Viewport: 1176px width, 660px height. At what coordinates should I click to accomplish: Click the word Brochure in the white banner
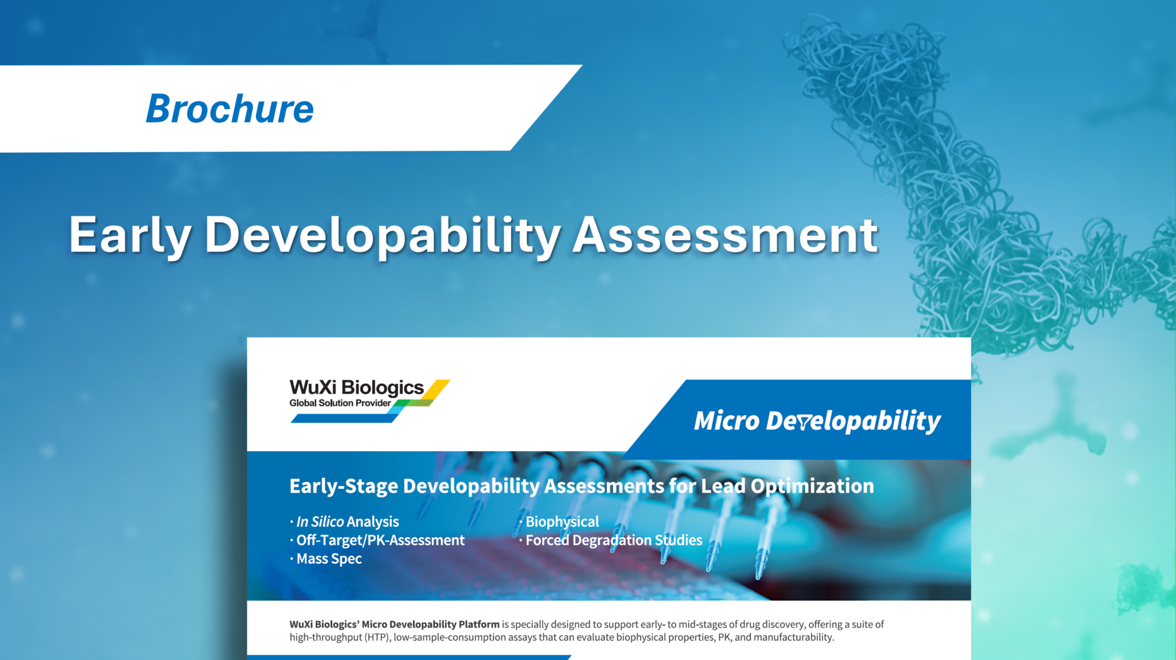click(x=230, y=109)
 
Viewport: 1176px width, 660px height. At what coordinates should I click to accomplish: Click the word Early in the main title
click(x=130, y=235)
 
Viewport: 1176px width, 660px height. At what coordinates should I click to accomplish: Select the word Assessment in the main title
click(x=725, y=235)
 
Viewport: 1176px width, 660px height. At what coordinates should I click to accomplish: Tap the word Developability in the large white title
click(x=383, y=235)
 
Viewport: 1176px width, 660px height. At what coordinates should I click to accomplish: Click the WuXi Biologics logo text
click(x=356, y=387)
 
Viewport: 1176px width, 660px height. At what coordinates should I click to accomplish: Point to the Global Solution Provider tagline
click(x=340, y=403)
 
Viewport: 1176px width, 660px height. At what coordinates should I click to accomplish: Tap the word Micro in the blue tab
click(x=726, y=420)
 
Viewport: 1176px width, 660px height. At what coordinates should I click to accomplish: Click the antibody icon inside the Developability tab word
click(x=804, y=422)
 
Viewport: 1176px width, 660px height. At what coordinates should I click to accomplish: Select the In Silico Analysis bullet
click(x=347, y=522)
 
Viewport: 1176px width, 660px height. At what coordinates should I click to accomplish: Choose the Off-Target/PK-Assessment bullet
click(x=380, y=540)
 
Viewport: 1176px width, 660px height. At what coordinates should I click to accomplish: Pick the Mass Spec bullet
click(x=329, y=559)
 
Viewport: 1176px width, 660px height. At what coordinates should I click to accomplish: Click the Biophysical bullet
click(x=562, y=522)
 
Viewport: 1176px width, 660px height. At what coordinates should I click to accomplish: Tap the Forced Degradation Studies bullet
click(x=614, y=540)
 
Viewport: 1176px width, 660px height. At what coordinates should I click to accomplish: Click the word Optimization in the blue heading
click(x=812, y=486)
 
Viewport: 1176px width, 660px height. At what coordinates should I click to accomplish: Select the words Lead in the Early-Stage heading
click(x=723, y=486)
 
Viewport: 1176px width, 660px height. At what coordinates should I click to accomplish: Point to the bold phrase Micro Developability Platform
click(x=430, y=625)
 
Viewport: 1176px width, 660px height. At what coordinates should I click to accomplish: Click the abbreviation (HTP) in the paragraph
click(x=377, y=637)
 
